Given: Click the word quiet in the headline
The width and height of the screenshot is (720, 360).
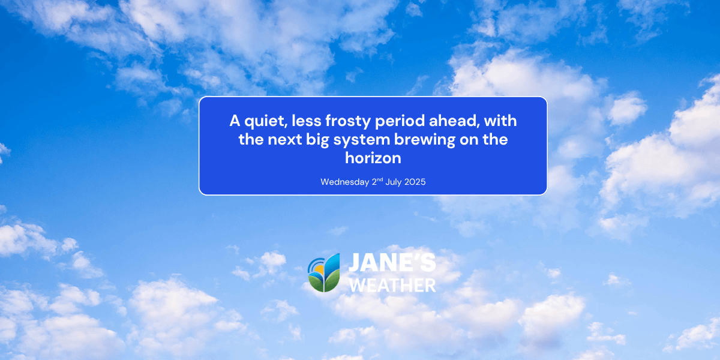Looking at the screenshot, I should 260,121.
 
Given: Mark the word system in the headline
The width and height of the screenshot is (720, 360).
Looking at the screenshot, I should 358,140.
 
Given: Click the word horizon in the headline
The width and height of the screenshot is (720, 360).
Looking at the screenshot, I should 373,158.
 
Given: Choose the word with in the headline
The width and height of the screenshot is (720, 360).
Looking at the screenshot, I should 500,121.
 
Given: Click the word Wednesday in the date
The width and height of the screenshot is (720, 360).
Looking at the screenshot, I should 345,182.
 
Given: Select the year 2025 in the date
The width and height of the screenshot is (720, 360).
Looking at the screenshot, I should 415,182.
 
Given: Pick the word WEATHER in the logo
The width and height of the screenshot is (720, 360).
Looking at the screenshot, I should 392,284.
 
